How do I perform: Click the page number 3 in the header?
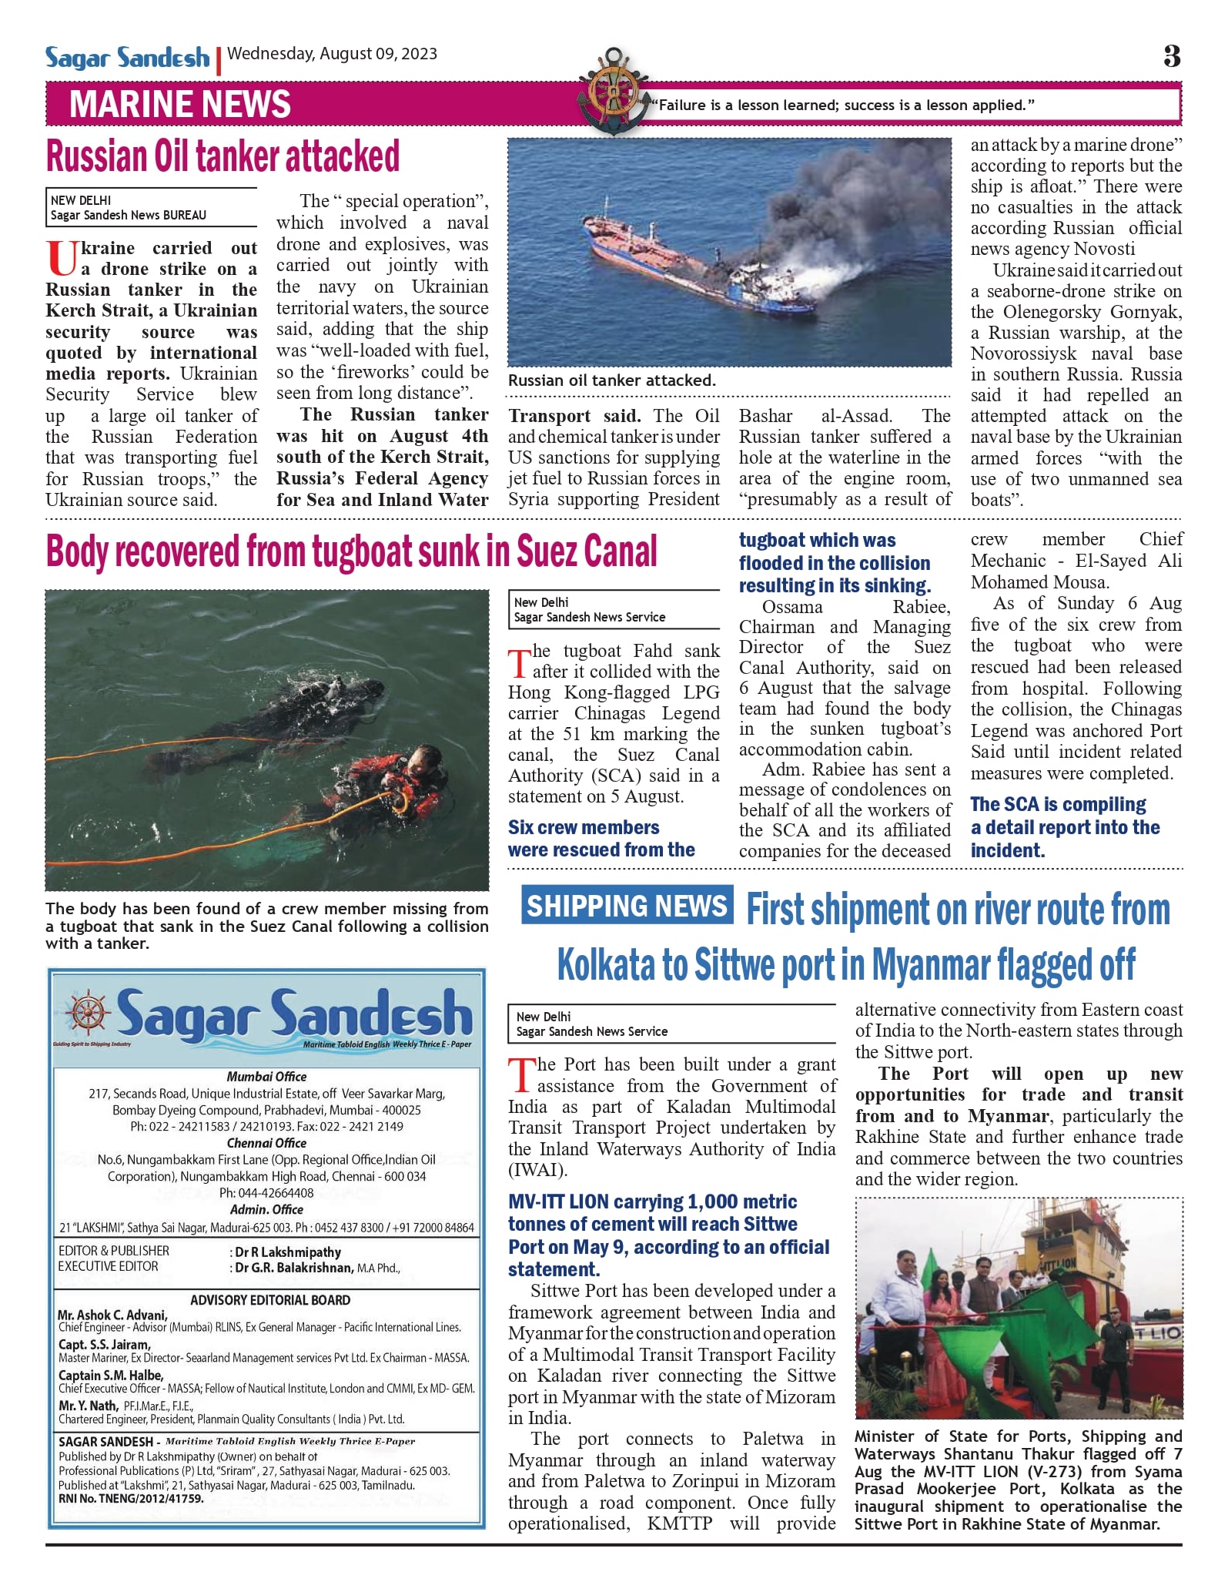(1171, 55)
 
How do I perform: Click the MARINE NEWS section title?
(180, 105)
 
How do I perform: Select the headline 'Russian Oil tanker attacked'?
(223, 156)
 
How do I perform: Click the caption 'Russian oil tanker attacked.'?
(611, 380)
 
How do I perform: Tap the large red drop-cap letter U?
(61, 259)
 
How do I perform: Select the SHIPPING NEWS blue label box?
(627, 906)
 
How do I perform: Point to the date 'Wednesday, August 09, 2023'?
(332, 54)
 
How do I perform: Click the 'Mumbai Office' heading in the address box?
(266, 1077)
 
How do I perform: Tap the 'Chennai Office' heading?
(266, 1143)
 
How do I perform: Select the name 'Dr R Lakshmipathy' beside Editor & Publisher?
(287, 1252)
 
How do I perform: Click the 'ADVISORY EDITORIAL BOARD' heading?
(270, 1300)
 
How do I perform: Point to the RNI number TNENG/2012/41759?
(132, 1499)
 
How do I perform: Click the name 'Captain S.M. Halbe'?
(110, 1376)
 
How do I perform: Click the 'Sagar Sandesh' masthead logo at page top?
(127, 58)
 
